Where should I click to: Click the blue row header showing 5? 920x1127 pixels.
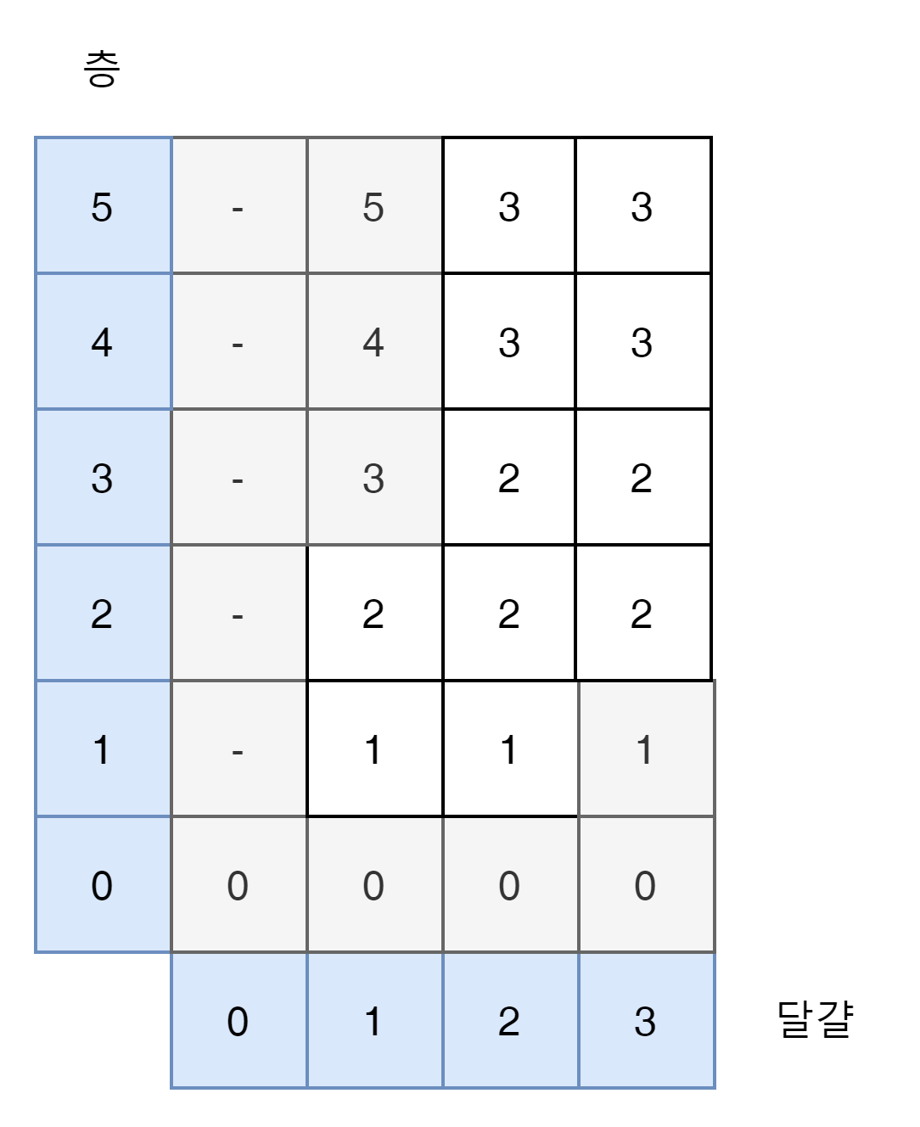[102, 206]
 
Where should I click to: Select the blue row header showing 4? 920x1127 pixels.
[102, 342]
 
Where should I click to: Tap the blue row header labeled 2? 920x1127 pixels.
[102, 614]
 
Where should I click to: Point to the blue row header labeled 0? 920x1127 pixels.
[102, 885]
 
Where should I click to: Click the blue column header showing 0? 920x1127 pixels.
[238, 1021]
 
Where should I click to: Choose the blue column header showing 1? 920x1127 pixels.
[373, 1021]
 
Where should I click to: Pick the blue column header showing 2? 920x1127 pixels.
[509, 1021]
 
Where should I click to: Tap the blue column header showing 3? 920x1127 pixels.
[645, 1021]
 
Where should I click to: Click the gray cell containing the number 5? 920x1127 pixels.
[373, 206]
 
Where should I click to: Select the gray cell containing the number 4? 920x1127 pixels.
[373, 342]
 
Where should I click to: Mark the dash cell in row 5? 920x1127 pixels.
[238, 206]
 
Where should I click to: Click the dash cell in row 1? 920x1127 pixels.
[238, 749]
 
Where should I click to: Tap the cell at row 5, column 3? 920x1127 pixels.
[642, 206]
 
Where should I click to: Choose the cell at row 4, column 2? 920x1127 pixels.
[509, 342]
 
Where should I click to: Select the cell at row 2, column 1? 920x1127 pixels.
[373, 614]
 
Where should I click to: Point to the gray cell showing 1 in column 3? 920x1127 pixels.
[645, 749]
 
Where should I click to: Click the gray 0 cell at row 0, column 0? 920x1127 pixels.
[238, 885]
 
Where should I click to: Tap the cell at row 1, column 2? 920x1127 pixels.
[509, 749]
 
